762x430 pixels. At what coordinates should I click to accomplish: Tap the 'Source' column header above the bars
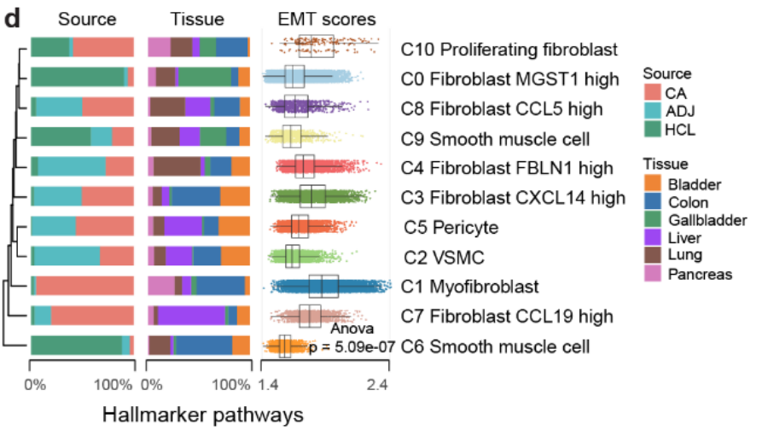pyautogui.click(x=82, y=19)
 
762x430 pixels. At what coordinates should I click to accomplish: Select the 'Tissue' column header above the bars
pyautogui.click(x=199, y=19)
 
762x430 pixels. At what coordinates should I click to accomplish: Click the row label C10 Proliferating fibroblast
pyautogui.click(x=509, y=50)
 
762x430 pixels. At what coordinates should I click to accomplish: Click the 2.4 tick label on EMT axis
pyautogui.click(x=377, y=385)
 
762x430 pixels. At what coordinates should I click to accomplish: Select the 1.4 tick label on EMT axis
pyautogui.click(x=270, y=385)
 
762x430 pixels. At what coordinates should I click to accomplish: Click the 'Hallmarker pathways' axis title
pyautogui.click(x=203, y=415)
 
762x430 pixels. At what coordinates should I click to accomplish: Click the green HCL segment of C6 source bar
pyautogui.click(x=75, y=345)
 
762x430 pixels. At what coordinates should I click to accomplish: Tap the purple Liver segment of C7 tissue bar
pyautogui.click(x=191, y=316)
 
